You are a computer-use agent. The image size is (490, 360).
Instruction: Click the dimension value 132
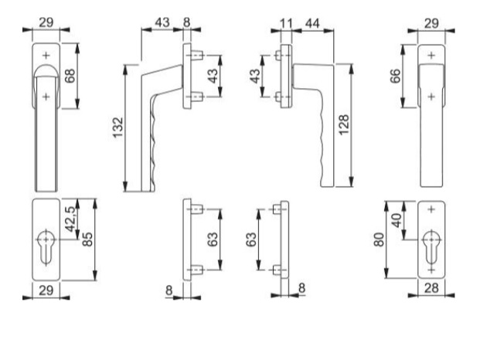tap(118, 127)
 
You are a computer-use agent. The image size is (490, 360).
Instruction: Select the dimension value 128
tap(344, 125)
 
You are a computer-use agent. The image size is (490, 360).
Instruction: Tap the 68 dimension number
tap(70, 76)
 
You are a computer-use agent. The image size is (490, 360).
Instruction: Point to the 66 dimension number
tap(396, 76)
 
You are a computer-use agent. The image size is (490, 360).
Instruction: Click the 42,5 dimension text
tap(70, 219)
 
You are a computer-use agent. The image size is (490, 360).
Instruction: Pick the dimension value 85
tap(88, 239)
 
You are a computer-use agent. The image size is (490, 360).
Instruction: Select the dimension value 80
tap(379, 239)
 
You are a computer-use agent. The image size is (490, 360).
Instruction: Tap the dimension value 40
tap(396, 220)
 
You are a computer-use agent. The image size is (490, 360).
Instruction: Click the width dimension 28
tap(431, 288)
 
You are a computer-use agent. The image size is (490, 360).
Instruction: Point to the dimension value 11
tap(286, 23)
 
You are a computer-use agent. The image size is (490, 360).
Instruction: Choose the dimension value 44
tap(312, 23)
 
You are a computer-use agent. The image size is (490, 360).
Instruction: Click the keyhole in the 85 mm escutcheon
tap(46, 246)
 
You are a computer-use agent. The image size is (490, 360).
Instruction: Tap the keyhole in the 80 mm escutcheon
tap(431, 250)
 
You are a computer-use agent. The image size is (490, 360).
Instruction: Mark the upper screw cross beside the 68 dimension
tap(46, 56)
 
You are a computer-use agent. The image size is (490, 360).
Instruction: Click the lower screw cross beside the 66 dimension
tap(431, 97)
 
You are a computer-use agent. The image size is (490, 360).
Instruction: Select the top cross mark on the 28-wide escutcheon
tap(431, 209)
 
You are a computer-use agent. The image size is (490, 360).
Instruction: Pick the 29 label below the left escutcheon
tap(46, 290)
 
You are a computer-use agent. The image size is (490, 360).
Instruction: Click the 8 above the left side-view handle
tap(186, 22)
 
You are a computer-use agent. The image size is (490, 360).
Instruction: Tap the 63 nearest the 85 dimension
tap(213, 239)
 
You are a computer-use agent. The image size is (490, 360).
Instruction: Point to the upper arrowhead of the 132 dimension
tap(126, 70)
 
